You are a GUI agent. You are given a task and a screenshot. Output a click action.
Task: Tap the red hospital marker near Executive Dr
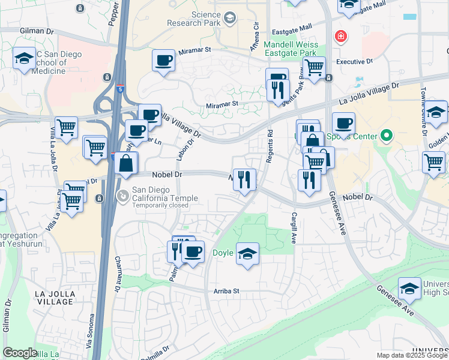coord(341,37)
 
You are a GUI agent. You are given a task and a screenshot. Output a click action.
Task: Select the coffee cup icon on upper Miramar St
coord(163,61)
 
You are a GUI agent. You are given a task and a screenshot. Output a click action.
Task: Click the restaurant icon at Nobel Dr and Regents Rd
coord(244,179)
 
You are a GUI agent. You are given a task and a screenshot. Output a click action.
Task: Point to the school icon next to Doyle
coord(247,254)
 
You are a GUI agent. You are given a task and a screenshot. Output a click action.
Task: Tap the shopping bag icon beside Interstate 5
coord(127,163)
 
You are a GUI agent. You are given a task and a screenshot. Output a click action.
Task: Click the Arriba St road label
coord(226,291)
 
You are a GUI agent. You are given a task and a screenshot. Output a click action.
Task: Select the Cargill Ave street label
coord(294,228)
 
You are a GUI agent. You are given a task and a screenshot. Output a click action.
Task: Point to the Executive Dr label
coord(354,61)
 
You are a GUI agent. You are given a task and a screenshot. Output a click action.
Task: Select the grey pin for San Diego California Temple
coord(123,195)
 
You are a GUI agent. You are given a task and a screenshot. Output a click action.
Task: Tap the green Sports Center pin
coord(386,136)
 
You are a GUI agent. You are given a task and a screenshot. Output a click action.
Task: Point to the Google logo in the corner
coord(20,352)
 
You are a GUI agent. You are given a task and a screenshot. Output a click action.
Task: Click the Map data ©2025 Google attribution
coord(412,355)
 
